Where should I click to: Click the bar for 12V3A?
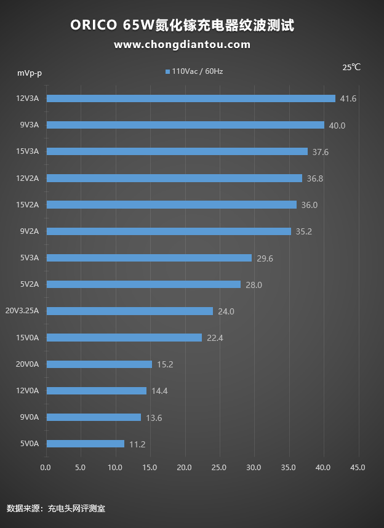pyautogui.click(x=191, y=98)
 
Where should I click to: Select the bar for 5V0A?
pyautogui.click(x=86, y=444)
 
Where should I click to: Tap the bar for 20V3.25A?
pyautogui.click(x=130, y=311)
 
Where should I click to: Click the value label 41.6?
pyautogui.click(x=348, y=98)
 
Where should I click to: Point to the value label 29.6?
pyautogui.click(x=265, y=258)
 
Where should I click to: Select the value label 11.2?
pyautogui.click(x=137, y=444)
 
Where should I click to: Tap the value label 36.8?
pyautogui.click(x=315, y=178)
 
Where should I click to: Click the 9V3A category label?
pyautogui.click(x=29, y=125)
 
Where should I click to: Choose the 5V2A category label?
pyautogui.click(x=29, y=284)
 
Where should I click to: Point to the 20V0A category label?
pyautogui.click(x=27, y=364)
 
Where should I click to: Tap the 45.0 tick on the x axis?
pyautogui.click(x=358, y=468)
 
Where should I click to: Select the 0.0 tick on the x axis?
pyautogui.click(x=46, y=468)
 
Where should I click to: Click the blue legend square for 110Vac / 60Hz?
pyautogui.click(x=167, y=72)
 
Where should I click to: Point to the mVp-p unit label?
pyautogui.click(x=30, y=73)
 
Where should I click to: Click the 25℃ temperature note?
pyautogui.click(x=351, y=67)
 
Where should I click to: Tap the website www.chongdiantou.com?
pyautogui.click(x=182, y=44)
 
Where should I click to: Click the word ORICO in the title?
pyautogui.click(x=93, y=25)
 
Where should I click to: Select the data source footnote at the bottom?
pyautogui.click(x=56, y=508)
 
